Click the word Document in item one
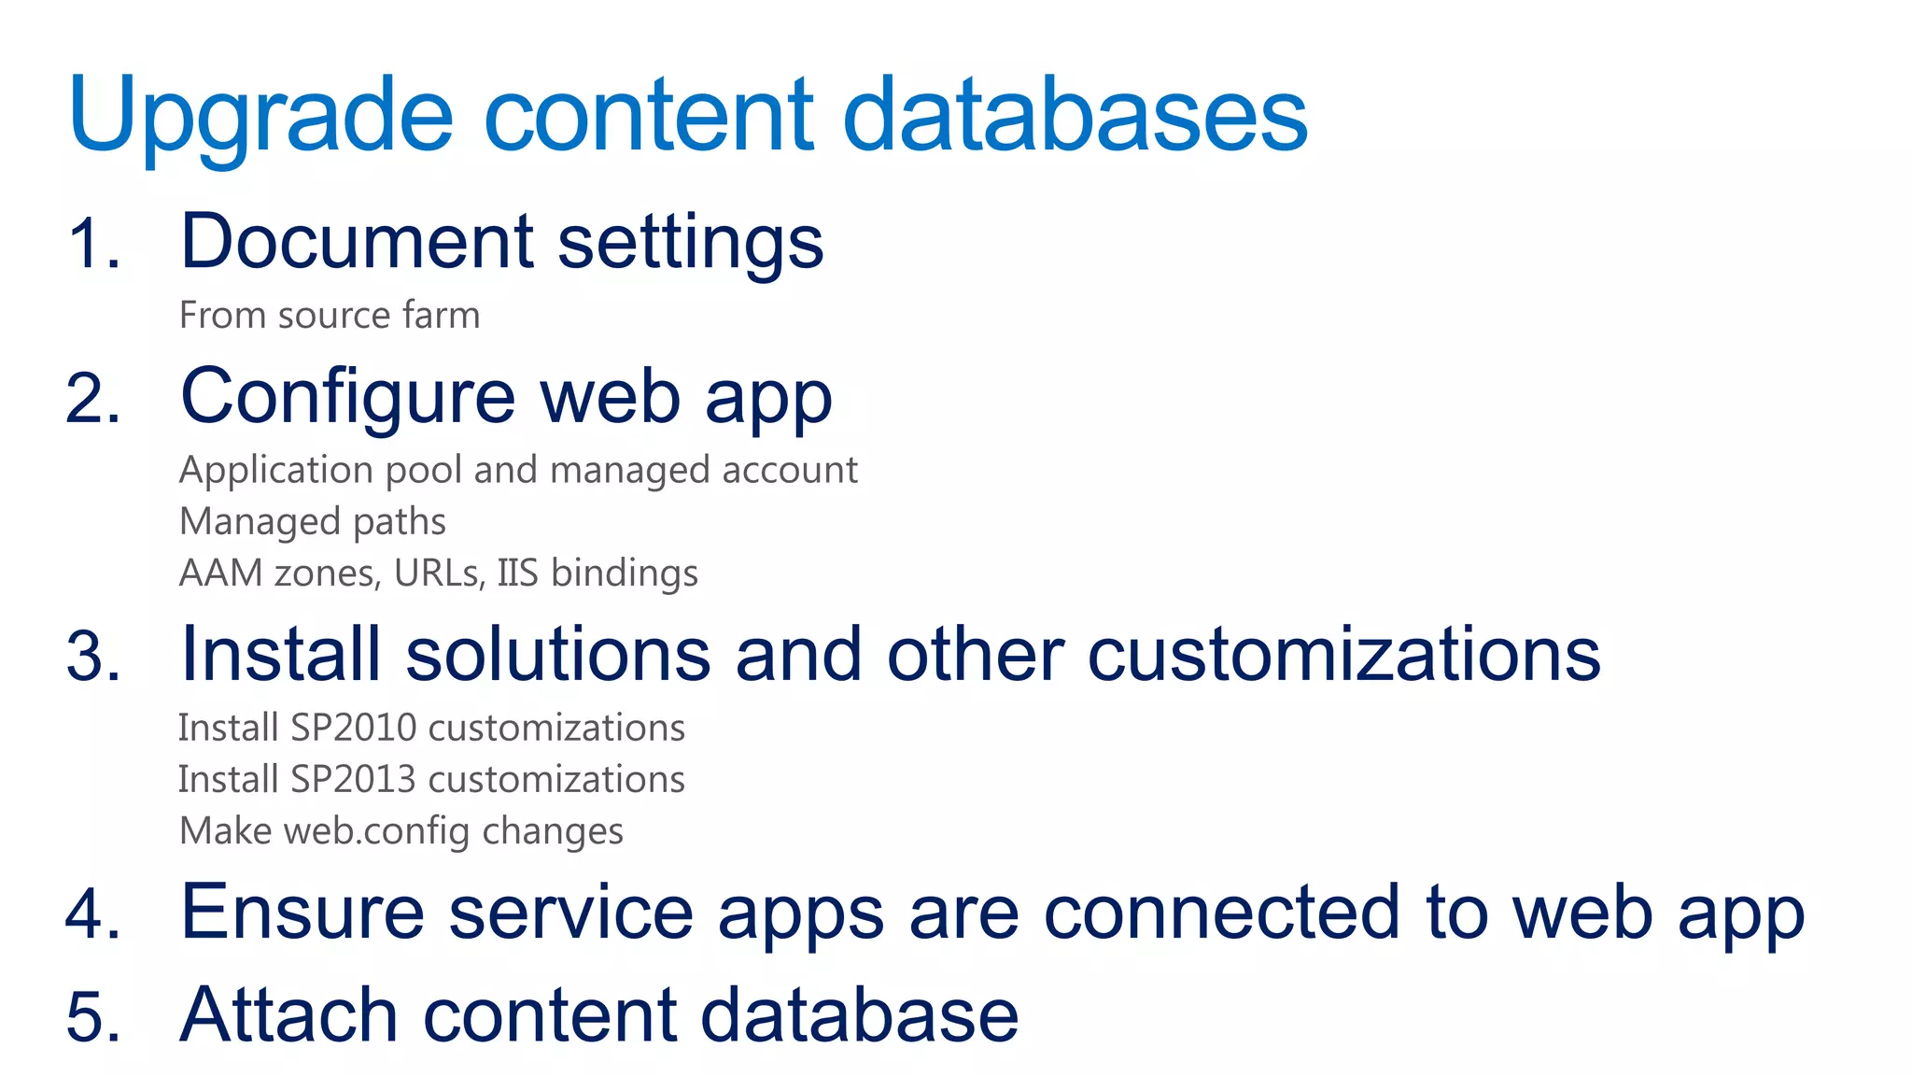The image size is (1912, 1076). tap(357, 242)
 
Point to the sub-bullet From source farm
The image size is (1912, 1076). tap(329, 316)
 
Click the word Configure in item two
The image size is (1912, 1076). tap(347, 398)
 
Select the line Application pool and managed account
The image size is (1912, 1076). tap(517, 470)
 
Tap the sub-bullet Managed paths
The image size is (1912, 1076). tap(312, 521)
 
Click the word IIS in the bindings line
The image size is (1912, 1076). tap(517, 573)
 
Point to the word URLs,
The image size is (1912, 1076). tap(439, 573)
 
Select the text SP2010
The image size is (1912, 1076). tap(353, 728)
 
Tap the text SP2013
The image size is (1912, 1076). tap(353, 779)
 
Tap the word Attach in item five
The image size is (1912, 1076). tap(288, 1015)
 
